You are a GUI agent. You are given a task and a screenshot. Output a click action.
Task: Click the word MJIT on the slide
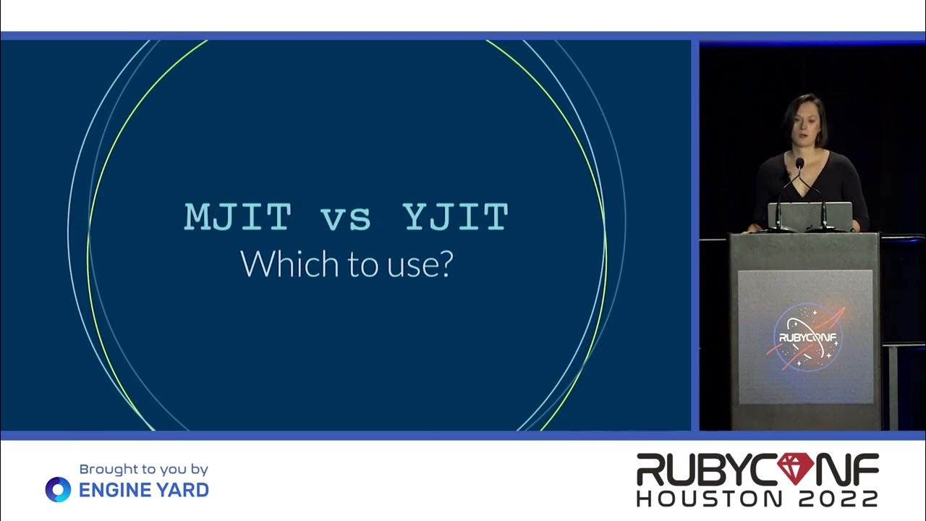[238, 217]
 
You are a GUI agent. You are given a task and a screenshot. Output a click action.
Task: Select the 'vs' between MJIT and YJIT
[348, 219]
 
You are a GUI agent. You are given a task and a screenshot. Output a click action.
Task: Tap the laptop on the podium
[810, 216]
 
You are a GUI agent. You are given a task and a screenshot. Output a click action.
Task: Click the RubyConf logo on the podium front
[805, 336]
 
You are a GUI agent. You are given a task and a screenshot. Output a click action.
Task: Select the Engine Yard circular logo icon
[58, 490]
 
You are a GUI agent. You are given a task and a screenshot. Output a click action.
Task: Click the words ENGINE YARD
[143, 490]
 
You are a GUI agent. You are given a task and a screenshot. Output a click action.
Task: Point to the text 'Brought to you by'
[143, 470]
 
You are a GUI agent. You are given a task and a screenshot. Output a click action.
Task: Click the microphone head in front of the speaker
[799, 164]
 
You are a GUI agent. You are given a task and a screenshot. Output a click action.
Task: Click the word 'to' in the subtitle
[361, 266]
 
